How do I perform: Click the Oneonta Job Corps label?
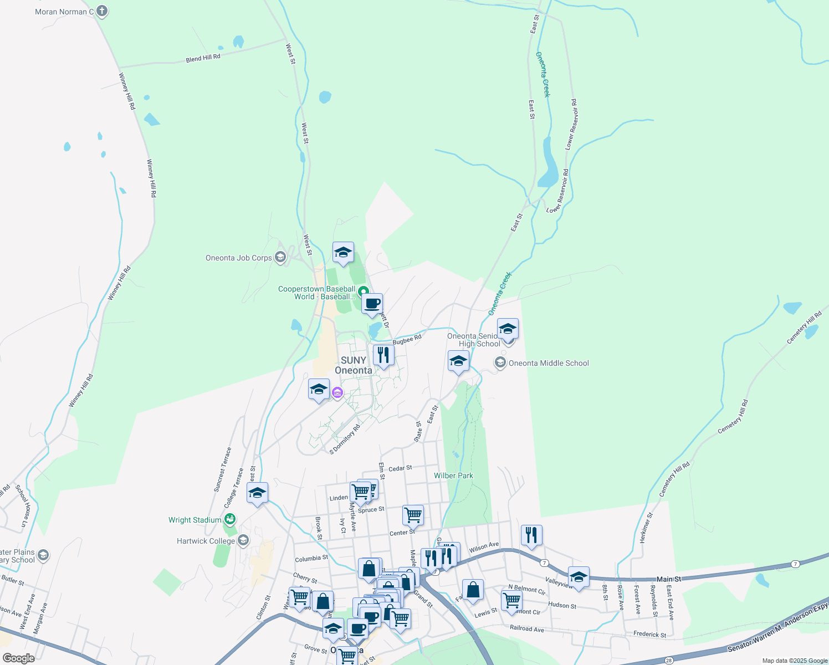click(238, 258)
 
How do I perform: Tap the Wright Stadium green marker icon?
click(230, 519)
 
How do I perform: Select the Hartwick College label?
click(206, 541)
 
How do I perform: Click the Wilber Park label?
click(453, 475)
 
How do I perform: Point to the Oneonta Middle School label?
click(549, 363)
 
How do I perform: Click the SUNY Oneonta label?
click(354, 365)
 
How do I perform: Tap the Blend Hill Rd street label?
click(203, 58)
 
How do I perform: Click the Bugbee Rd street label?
click(407, 340)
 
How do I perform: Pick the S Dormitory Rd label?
click(345, 439)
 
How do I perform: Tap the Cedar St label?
click(400, 468)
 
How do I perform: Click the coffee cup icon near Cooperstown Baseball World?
click(372, 304)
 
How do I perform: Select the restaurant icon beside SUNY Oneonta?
click(383, 355)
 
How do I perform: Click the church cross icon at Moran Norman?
click(101, 11)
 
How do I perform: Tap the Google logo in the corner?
click(18, 658)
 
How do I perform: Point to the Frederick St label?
click(649, 634)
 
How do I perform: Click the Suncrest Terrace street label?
click(223, 469)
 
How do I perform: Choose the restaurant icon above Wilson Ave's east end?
click(531, 535)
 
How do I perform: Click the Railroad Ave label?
click(526, 628)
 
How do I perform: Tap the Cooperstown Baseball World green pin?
click(363, 291)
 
